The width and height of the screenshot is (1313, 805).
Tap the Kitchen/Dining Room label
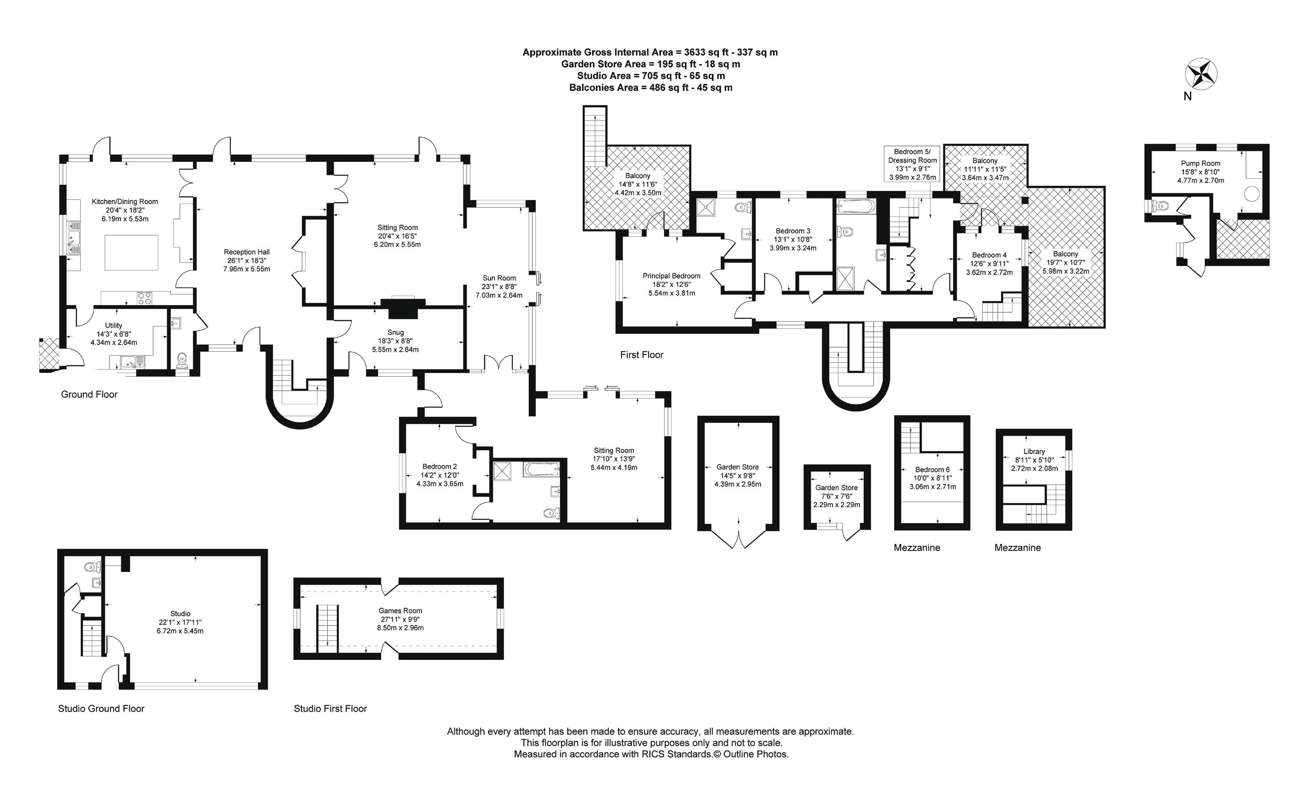pos(125,202)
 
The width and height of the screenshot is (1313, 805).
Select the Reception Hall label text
pos(246,252)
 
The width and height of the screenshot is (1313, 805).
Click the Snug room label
pos(395,332)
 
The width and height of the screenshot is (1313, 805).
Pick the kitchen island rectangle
pos(131,252)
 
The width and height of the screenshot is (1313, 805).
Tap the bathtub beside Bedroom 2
pos(541,470)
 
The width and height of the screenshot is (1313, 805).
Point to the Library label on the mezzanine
pos(1034,451)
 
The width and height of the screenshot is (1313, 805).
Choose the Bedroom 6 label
pos(933,470)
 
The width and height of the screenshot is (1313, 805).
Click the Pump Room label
pos(1200,164)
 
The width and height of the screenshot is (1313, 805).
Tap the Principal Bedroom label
pos(671,276)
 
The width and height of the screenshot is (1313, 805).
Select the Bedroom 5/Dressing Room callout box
pos(912,164)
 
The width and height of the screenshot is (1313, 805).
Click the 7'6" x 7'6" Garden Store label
pos(836,487)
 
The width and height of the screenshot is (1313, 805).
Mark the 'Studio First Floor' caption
pos(330,708)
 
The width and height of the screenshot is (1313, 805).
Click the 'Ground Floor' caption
pos(89,394)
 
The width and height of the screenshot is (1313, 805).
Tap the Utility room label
pos(113,325)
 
